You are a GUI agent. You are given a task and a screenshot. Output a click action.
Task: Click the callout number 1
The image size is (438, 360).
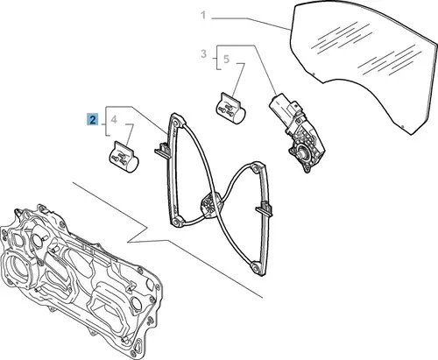coord(203,15)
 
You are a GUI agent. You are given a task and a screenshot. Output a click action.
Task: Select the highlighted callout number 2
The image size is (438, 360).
coord(93,120)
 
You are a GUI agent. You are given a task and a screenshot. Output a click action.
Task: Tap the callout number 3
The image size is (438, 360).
coord(203,53)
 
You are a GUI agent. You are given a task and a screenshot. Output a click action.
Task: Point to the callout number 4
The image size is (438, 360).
coord(114,119)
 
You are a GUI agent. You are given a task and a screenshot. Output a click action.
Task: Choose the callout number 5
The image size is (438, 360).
coord(226,60)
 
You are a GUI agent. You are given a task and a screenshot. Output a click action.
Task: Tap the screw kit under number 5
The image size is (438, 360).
coord(230,109)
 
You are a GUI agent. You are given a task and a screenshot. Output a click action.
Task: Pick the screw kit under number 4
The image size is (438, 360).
coord(124,157)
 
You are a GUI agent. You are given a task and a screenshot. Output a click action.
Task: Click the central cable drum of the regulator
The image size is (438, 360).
coord(209,203)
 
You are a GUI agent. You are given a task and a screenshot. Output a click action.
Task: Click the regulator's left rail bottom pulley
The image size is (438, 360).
coord(176,222)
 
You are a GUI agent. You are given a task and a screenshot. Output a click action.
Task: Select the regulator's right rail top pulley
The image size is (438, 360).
coord(256,168)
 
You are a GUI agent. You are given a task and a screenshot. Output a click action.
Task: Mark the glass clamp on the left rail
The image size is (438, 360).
coord(162,150)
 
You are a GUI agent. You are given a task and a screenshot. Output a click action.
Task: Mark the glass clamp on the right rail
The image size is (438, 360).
coord(265,209)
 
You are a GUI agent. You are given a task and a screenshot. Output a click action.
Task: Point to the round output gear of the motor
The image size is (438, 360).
coord(300,152)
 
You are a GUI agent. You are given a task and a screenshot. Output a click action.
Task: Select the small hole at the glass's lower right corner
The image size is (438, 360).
coord(403,126)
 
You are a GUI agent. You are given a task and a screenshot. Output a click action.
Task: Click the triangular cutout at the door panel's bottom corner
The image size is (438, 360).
coord(138,347)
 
